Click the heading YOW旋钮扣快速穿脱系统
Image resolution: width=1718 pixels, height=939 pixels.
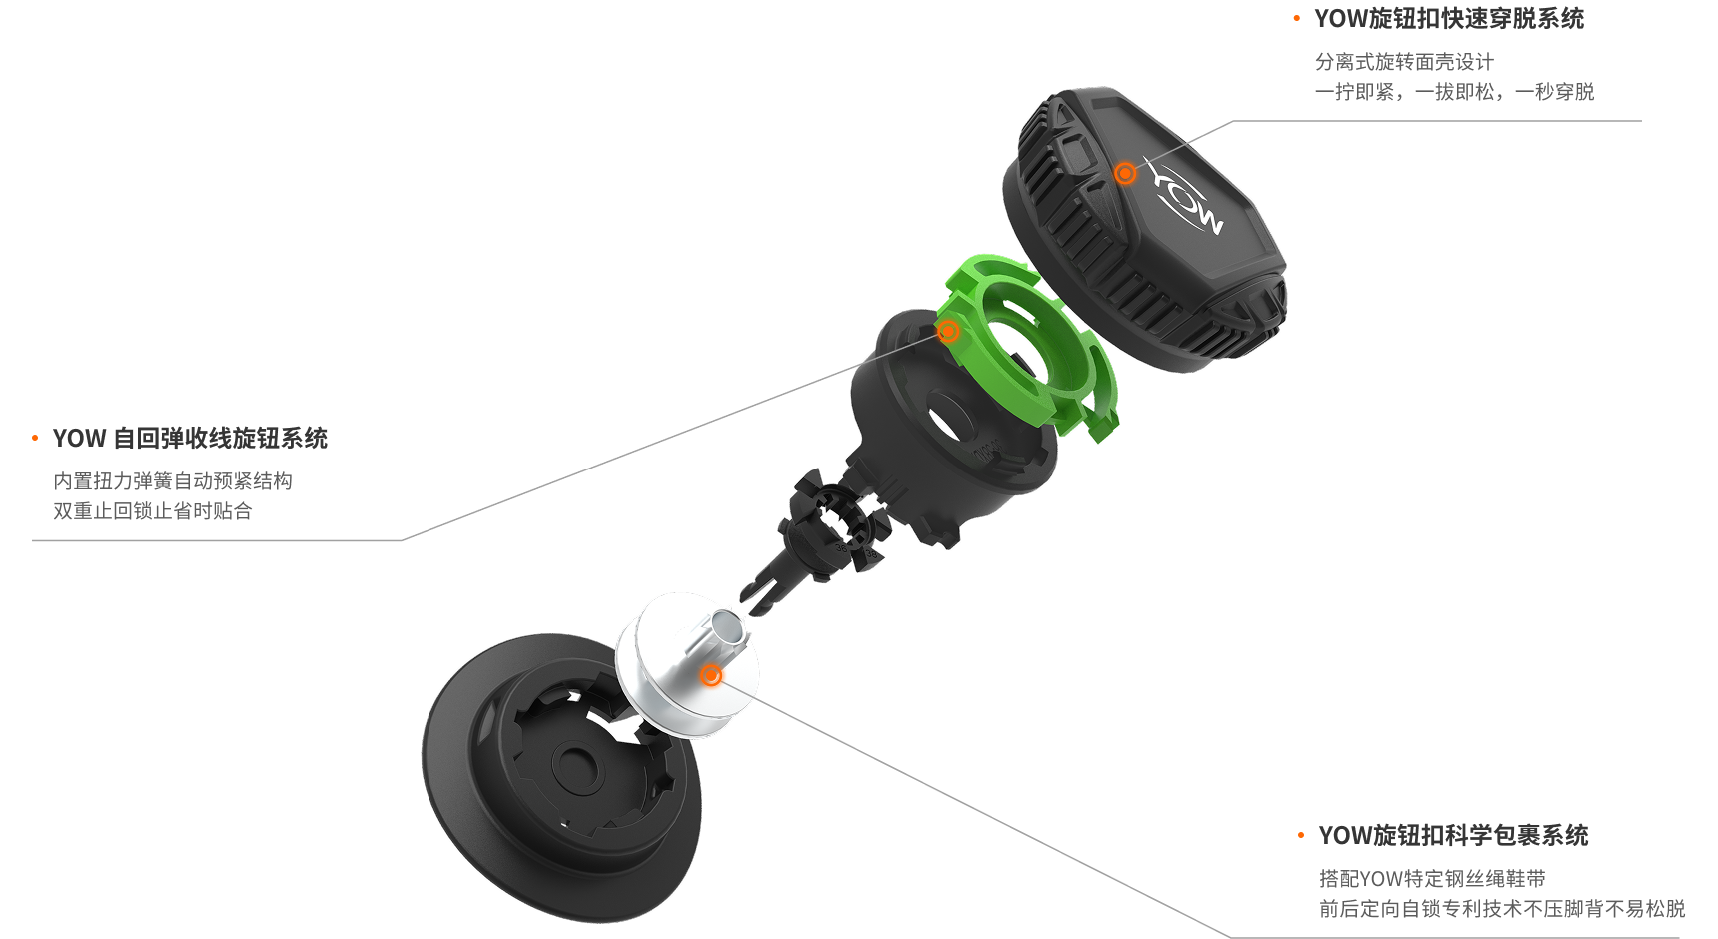pos(1449,19)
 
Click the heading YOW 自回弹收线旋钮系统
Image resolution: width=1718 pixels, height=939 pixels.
pos(190,439)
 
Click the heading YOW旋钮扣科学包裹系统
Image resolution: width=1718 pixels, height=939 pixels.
pos(1453,836)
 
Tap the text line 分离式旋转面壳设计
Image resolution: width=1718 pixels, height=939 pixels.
pos(1404,62)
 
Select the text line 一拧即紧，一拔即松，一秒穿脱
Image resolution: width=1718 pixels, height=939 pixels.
pos(1454,92)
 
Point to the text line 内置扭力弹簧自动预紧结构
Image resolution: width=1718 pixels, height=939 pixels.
pos(173,481)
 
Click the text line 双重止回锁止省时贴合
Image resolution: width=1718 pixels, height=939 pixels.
pos(153,511)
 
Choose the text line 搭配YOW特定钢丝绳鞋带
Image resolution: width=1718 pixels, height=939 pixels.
pos(1432,879)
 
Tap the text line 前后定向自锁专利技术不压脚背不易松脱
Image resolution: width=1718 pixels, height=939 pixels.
pos(1502,909)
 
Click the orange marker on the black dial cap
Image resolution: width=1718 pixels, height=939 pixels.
pos(1125,174)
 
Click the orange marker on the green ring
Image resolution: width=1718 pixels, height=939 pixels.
pos(948,331)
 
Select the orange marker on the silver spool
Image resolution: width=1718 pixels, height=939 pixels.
pos(711,676)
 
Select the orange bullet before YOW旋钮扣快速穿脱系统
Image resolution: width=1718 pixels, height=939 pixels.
pos(1297,19)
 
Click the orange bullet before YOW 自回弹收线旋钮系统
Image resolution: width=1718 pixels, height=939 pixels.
pos(35,439)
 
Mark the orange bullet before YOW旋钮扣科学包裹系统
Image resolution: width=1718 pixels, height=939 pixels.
pos(1301,836)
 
